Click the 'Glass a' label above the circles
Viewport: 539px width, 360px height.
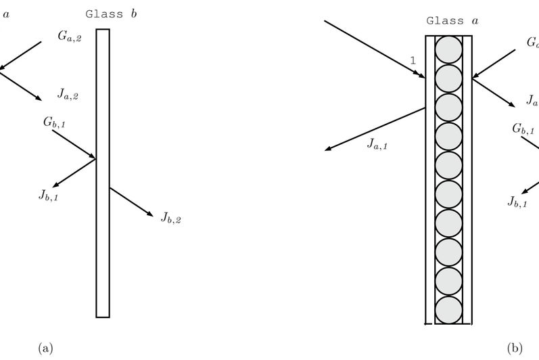coord(452,21)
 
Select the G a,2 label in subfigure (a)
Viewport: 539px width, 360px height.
coord(70,39)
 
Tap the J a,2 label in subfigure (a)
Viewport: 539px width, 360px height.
coord(68,95)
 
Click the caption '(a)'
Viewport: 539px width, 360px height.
coord(45,348)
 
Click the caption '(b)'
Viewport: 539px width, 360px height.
coord(515,348)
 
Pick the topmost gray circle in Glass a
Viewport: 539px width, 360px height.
coord(448,49)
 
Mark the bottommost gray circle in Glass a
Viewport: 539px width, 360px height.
coord(448,310)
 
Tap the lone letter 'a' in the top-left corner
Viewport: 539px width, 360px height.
coord(6,12)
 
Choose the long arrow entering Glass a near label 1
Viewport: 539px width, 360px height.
coord(374,48)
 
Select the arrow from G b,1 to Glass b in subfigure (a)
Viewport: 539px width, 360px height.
coord(74,145)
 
